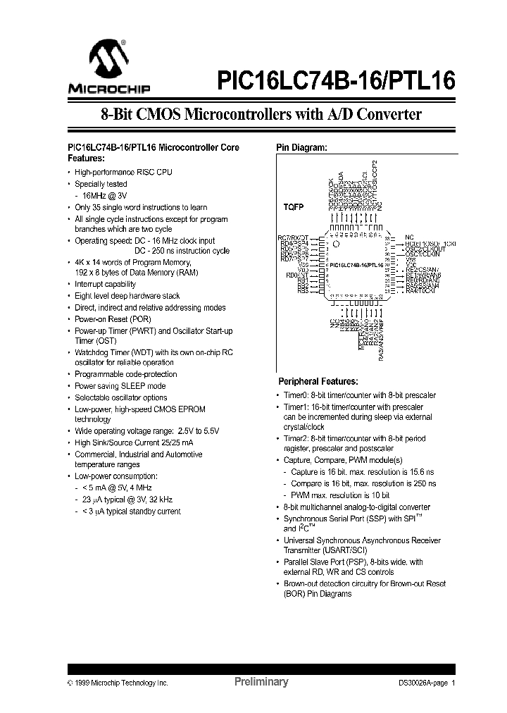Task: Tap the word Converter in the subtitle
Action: pos(388,115)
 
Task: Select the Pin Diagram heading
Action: pos(301,148)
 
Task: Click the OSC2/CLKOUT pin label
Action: pos(425,249)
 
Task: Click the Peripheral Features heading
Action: pos(318,381)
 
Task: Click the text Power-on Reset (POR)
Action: pos(112,319)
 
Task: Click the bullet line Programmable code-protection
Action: pos(126,374)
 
